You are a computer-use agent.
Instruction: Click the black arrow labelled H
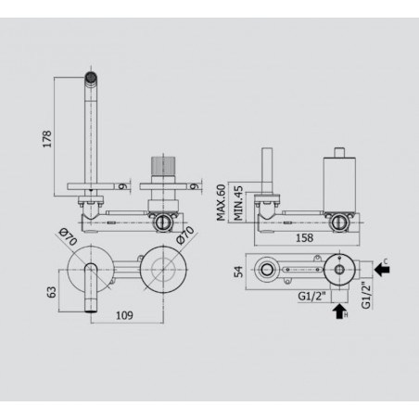pyautogui.click(x=338, y=311)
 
